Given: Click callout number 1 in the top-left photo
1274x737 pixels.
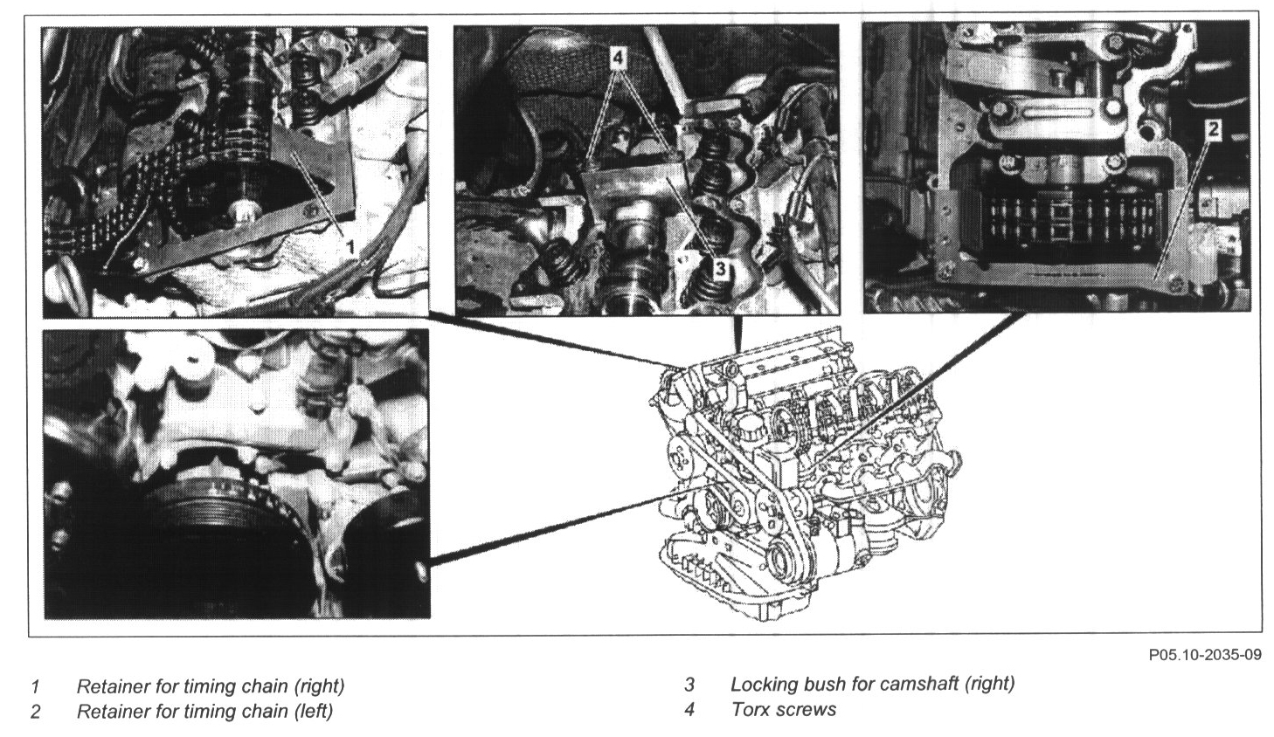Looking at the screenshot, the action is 351,246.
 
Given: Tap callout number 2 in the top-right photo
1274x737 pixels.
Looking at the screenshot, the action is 1212,129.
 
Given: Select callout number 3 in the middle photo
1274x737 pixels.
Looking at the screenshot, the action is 720,267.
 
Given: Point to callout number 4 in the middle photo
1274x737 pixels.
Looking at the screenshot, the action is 619,57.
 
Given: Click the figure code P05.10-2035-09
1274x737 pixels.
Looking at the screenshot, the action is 1205,655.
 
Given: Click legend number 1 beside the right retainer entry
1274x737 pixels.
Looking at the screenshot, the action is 35,686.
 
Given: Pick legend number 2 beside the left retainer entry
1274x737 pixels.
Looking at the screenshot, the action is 35,712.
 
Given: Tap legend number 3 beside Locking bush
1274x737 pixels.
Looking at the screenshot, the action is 689,684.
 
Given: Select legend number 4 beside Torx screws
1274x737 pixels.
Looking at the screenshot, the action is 689,709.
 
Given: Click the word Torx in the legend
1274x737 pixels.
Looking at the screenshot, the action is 751,709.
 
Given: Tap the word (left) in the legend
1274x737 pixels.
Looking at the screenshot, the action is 313,712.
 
